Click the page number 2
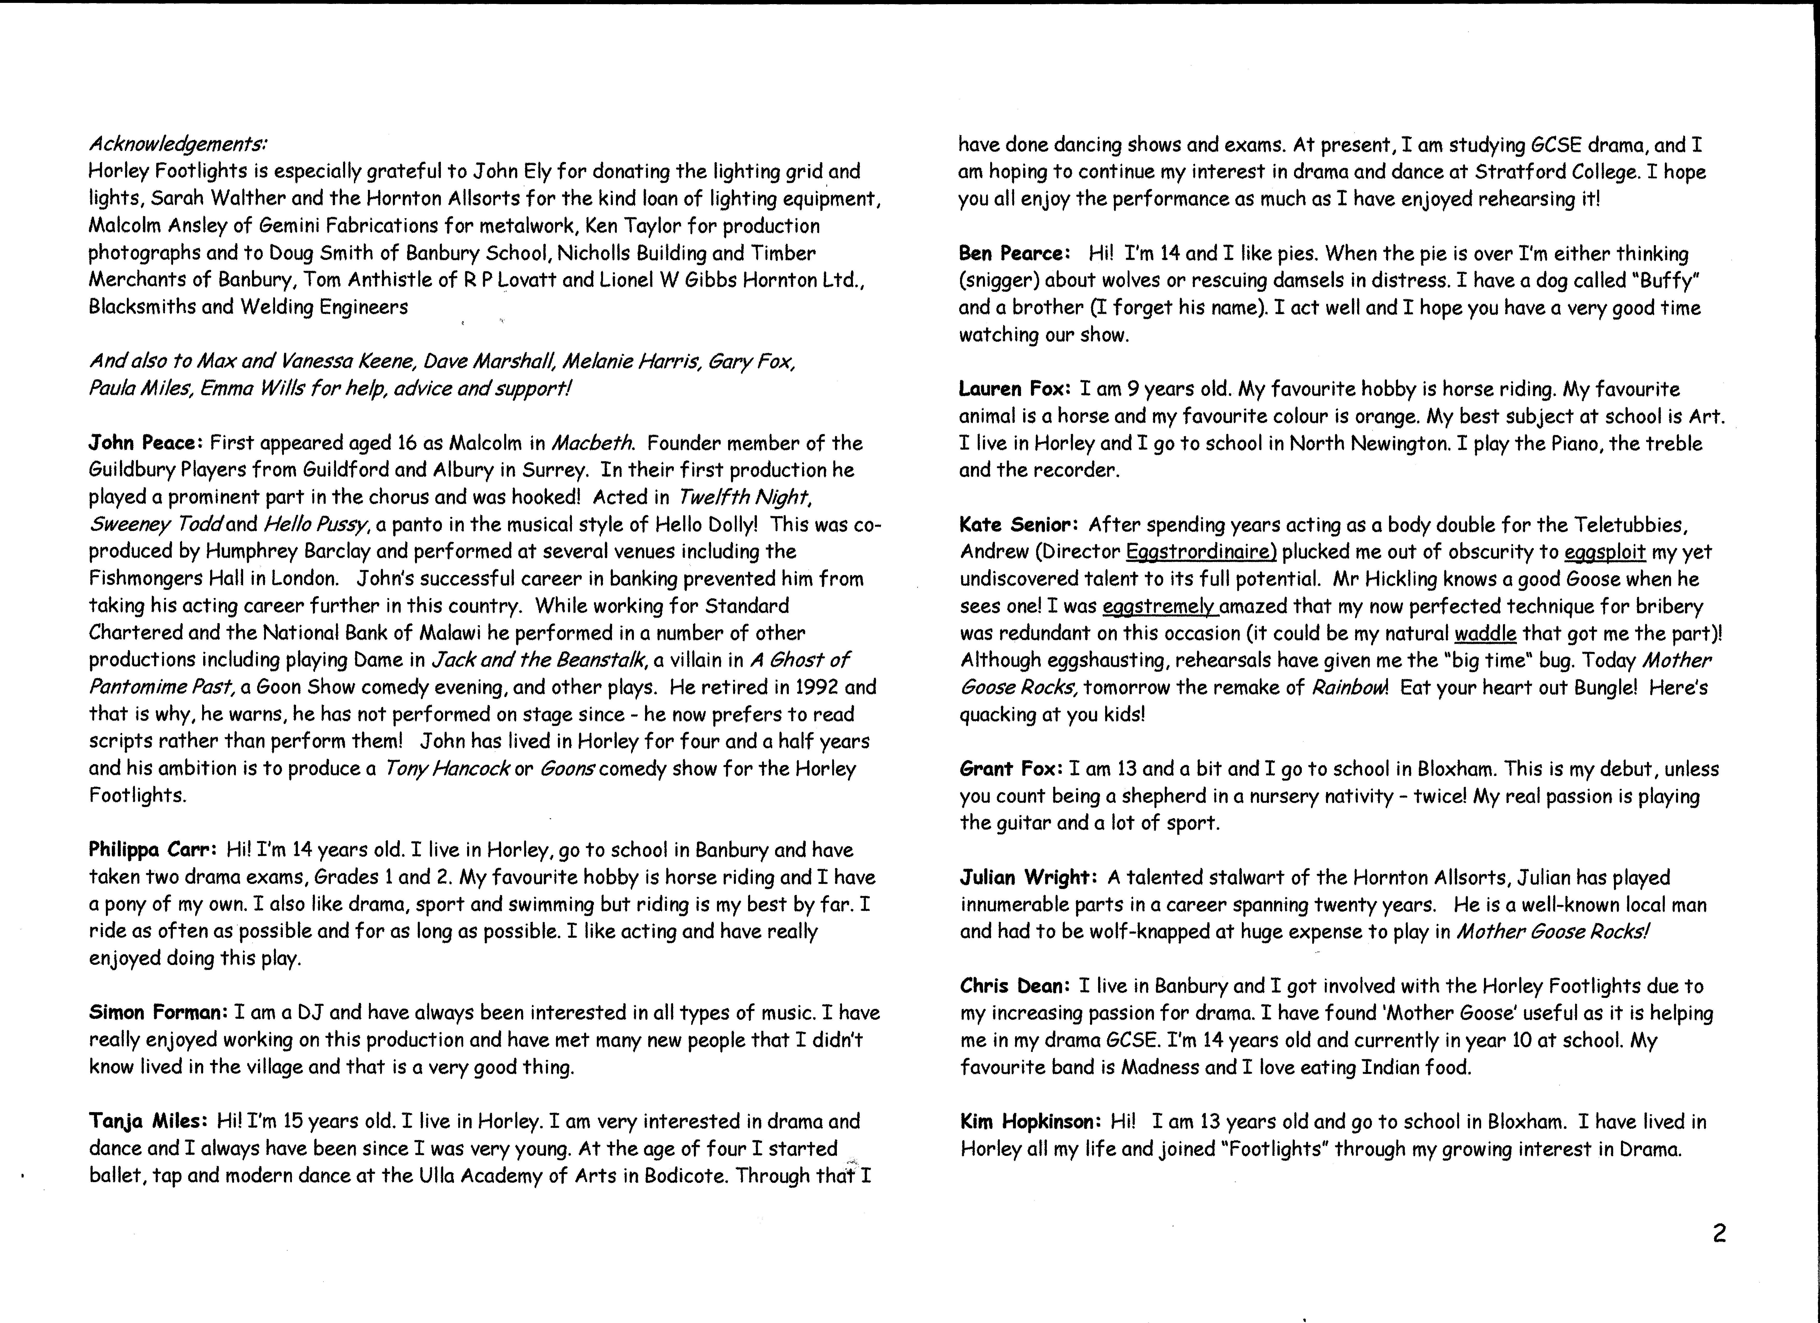click(1719, 1233)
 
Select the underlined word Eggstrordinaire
click(1201, 552)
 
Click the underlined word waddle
click(1484, 633)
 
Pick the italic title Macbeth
click(593, 443)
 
